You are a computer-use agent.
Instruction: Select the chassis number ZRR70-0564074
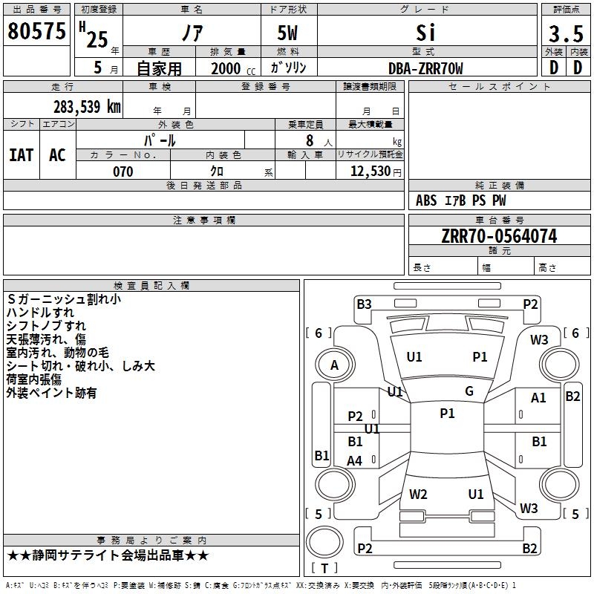499,236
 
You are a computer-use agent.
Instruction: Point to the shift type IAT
21,154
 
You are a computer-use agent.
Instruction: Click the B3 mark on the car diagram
364,304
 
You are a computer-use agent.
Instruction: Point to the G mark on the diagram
469,391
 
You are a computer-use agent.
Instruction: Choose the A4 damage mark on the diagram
355,461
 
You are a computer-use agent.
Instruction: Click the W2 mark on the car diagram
418,494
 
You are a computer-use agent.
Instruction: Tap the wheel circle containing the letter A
334,365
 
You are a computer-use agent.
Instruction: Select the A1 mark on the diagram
538,398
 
